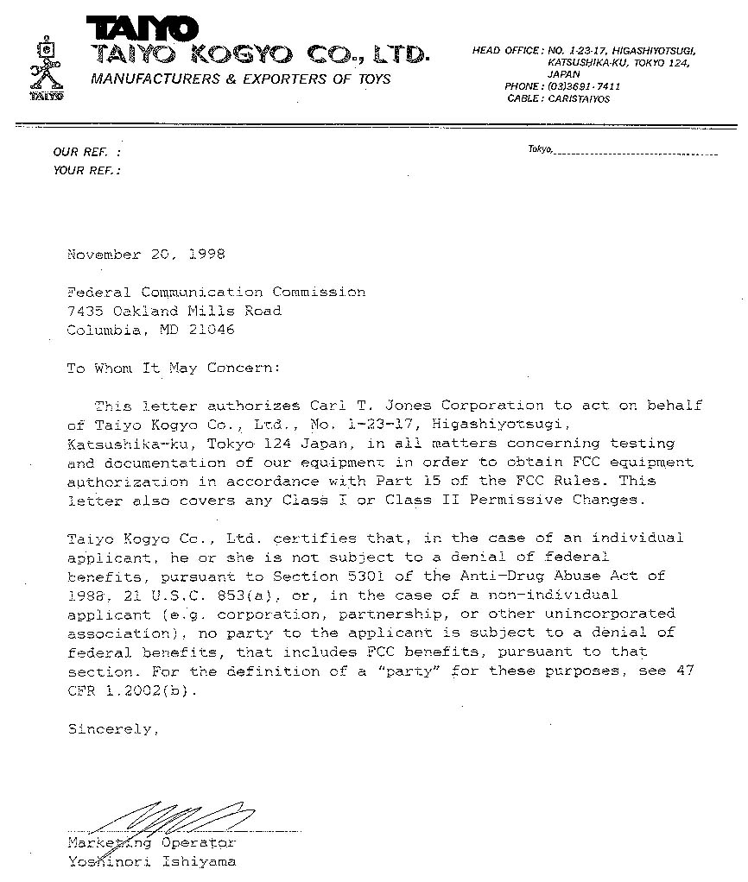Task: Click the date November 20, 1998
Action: [145, 255]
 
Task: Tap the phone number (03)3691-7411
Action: [584, 87]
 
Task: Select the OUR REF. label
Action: [86, 152]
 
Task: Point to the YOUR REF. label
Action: [86, 170]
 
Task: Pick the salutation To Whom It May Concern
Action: [174, 368]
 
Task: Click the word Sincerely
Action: [113, 729]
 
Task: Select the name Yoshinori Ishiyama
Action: [150, 861]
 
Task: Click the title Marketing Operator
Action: [150, 842]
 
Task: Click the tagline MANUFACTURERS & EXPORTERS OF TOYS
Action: [241, 79]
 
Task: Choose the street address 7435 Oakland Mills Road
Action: [174, 311]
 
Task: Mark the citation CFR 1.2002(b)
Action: [125, 690]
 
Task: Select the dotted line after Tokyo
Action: [635, 154]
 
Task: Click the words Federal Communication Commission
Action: [216, 292]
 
